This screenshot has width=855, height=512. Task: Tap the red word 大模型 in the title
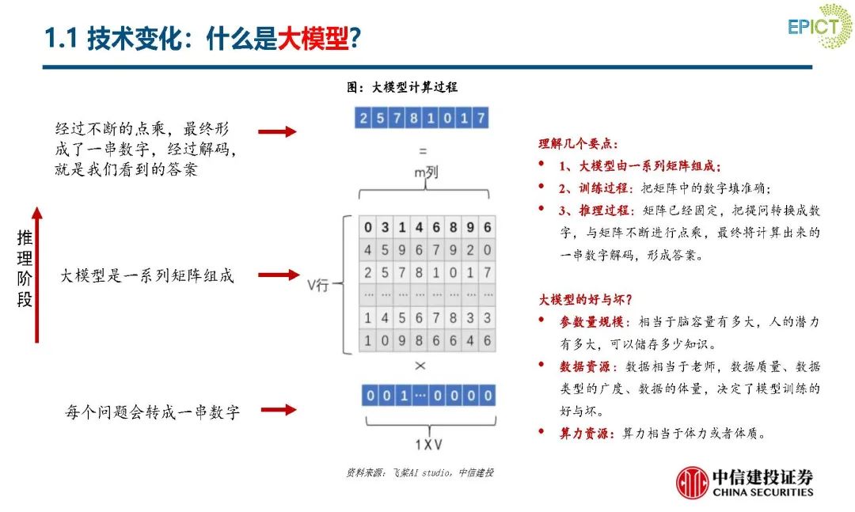pos(313,37)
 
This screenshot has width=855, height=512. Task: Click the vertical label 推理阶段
pos(25,269)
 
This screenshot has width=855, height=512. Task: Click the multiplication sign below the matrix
pos(420,366)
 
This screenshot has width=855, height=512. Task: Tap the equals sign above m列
pos(422,150)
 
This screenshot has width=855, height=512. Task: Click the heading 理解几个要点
pos(579,144)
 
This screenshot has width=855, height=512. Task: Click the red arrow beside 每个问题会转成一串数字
pos(278,410)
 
